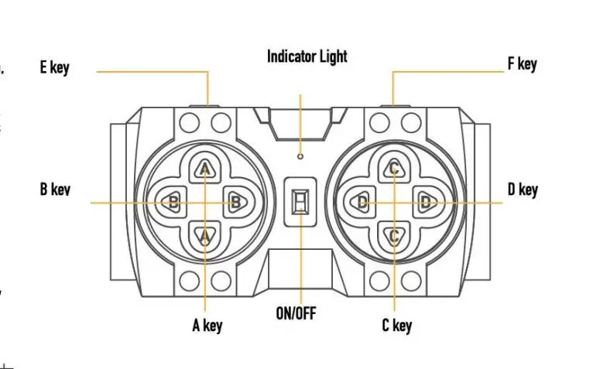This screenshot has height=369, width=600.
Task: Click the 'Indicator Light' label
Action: (307, 56)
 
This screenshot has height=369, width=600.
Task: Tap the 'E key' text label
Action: (54, 67)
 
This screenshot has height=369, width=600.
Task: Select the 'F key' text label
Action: (522, 63)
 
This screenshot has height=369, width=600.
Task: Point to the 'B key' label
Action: (55, 189)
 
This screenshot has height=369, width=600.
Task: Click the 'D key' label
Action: (522, 189)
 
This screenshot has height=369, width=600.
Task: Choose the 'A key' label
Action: (207, 325)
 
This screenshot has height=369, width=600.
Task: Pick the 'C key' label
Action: (396, 325)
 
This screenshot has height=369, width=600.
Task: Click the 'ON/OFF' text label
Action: (297, 314)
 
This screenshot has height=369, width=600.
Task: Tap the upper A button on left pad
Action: (205, 169)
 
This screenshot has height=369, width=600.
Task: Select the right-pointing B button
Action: (237, 203)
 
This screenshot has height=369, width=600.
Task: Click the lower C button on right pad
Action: (394, 234)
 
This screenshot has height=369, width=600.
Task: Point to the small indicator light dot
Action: (300, 156)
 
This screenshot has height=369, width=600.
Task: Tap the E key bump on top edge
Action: (208, 105)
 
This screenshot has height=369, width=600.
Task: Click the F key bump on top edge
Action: (393, 105)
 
